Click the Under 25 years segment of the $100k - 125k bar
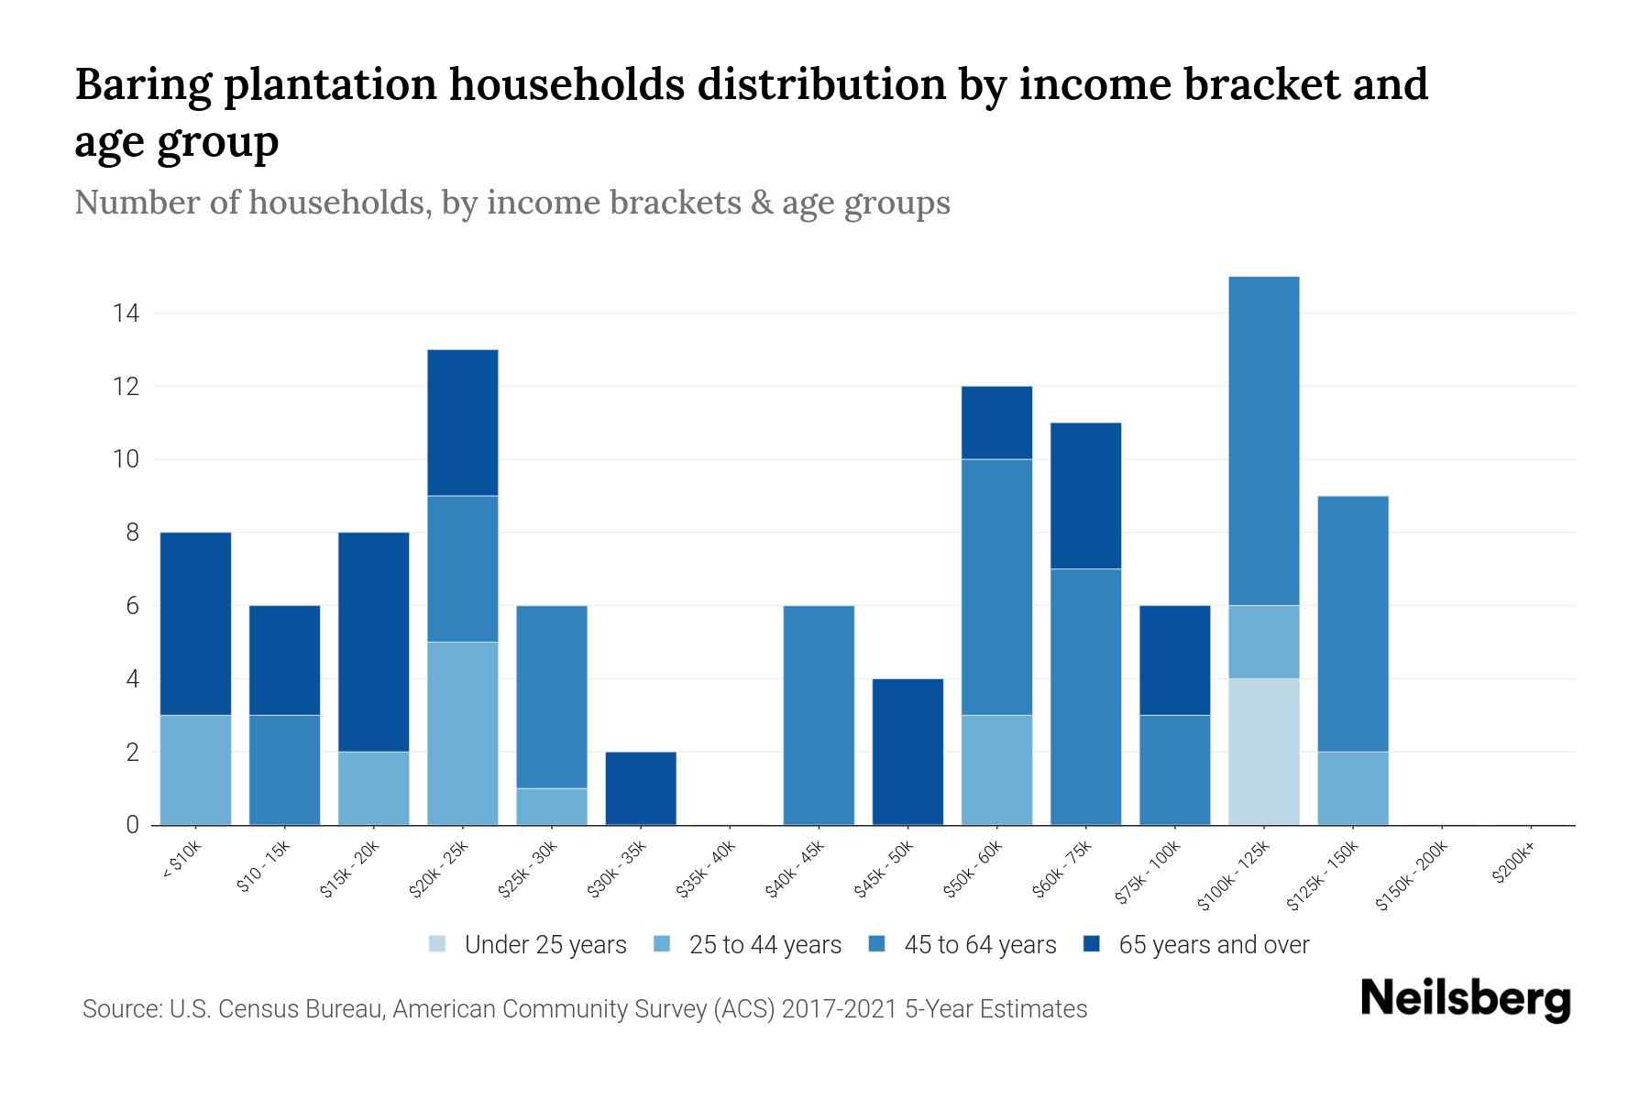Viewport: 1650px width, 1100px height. pos(1263,752)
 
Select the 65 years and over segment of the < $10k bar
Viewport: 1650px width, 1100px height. pos(195,623)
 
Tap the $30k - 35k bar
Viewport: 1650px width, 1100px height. pos(641,788)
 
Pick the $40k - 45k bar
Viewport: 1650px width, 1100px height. pos(819,715)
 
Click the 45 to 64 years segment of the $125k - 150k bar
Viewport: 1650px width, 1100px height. pos(1352,623)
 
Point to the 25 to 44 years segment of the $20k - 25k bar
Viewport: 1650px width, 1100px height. pos(463,733)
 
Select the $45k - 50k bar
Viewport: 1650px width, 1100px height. pos(907,752)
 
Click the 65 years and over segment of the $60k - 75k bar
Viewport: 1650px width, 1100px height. pos(1085,495)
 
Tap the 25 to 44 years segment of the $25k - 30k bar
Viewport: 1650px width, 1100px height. pos(552,807)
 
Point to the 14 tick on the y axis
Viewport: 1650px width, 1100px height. pos(126,313)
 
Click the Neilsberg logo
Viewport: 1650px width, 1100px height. pos(1466,1000)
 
